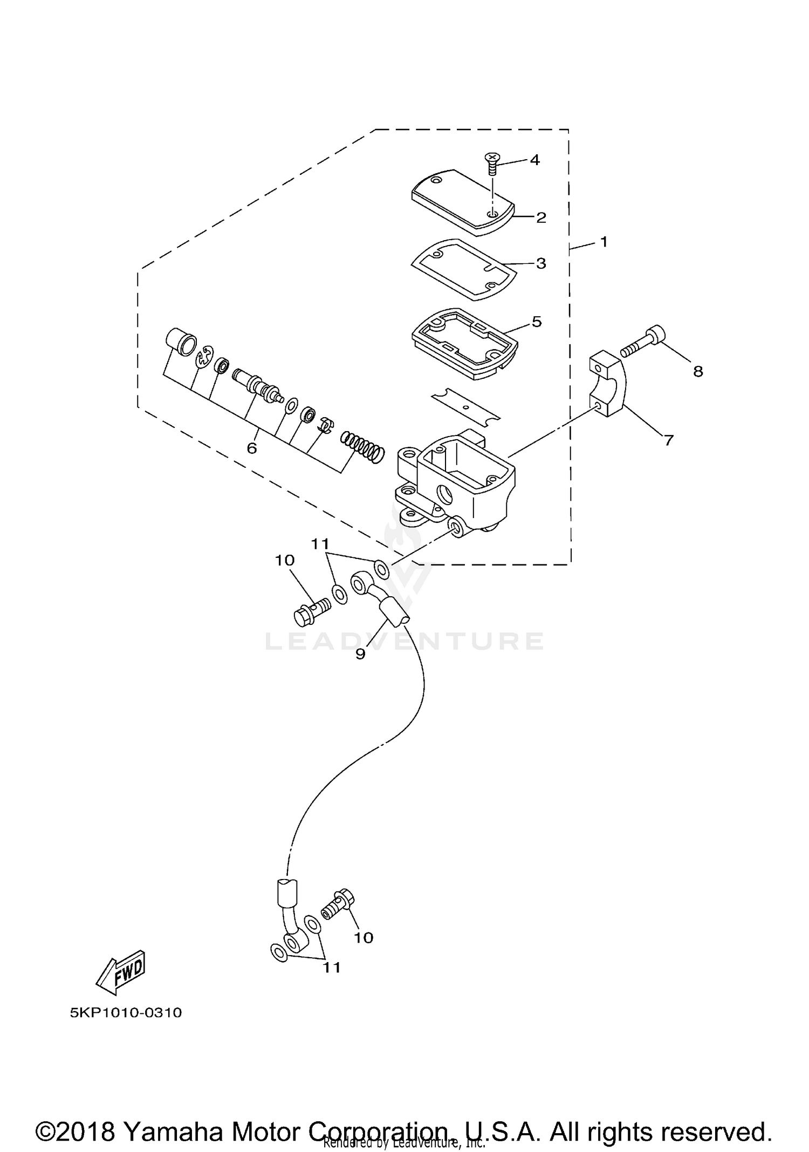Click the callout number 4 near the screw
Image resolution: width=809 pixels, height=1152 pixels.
[x=534, y=160]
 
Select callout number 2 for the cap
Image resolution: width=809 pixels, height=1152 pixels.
[x=541, y=217]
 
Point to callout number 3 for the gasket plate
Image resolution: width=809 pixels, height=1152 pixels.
[x=541, y=263]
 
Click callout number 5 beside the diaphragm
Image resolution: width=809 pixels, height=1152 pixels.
[x=536, y=322]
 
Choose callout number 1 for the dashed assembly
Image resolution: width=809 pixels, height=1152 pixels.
[x=604, y=242]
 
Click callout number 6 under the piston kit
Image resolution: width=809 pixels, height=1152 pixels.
[x=252, y=448]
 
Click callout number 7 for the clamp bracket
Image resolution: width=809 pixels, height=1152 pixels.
[x=669, y=440]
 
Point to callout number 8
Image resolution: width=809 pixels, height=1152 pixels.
[x=698, y=371]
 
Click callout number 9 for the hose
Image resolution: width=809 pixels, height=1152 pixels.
[x=360, y=654]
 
